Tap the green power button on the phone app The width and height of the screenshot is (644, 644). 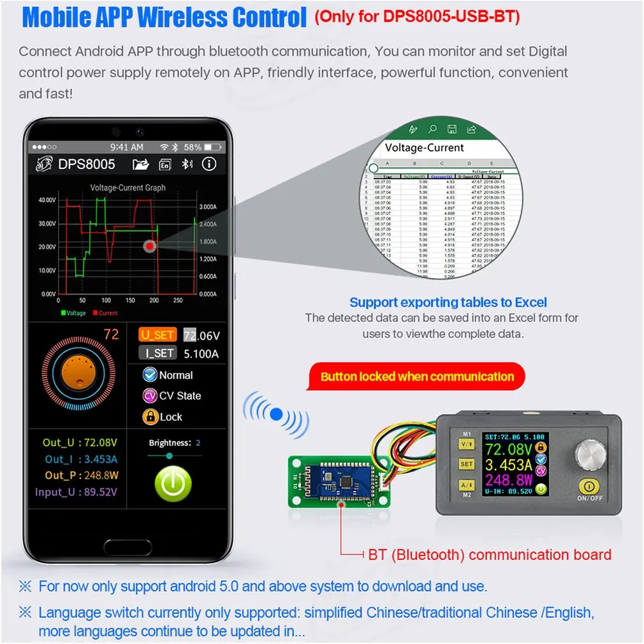(173, 485)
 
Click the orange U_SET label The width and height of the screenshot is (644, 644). (157, 335)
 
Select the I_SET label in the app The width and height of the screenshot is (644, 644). (157, 353)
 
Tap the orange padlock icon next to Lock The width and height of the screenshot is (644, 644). (150, 417)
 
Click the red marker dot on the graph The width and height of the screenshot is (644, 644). (149, 246)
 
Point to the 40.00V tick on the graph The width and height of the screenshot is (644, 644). (47, 200)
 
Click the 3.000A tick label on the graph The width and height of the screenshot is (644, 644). (209, 207)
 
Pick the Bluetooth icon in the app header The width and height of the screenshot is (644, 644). (187, 165)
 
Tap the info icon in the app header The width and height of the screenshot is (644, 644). (209, 165)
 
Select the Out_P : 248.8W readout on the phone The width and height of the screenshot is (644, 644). (82, 475)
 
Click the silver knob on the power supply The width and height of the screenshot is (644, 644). (589, 454)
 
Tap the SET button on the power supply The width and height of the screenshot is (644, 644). (466, 464)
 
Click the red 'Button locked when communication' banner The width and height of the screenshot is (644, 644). (417, 376)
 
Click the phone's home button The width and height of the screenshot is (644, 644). (126, 547)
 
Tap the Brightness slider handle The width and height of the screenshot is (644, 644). (169, 456)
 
